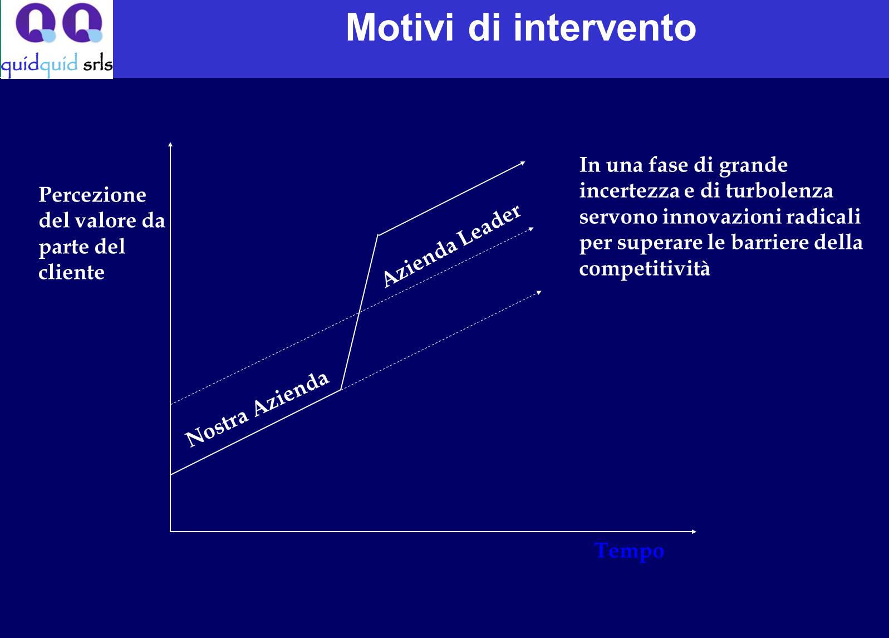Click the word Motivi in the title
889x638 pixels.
[x=400, y=27]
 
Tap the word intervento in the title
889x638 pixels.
[x=605, y=27]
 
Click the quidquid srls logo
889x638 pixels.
[x=57, y=40]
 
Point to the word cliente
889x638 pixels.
[x=71, y=272]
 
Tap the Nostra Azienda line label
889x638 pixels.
[x=257, y=409]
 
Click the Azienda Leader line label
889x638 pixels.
[x=451, y=246]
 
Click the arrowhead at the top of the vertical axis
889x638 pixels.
[x=170, y=144]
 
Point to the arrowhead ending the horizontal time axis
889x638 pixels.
[x=694, y=531]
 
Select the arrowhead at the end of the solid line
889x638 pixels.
[x=523, y=163]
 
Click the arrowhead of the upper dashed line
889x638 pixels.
[x=532, y=229]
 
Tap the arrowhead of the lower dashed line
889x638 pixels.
[x=539, y=293]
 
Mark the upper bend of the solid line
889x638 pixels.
[x=378, y=235]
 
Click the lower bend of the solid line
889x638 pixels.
[x=341, y=390]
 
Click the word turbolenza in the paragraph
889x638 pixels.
[x=779, y=191]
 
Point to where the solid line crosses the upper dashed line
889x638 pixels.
[x=359, y=313]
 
